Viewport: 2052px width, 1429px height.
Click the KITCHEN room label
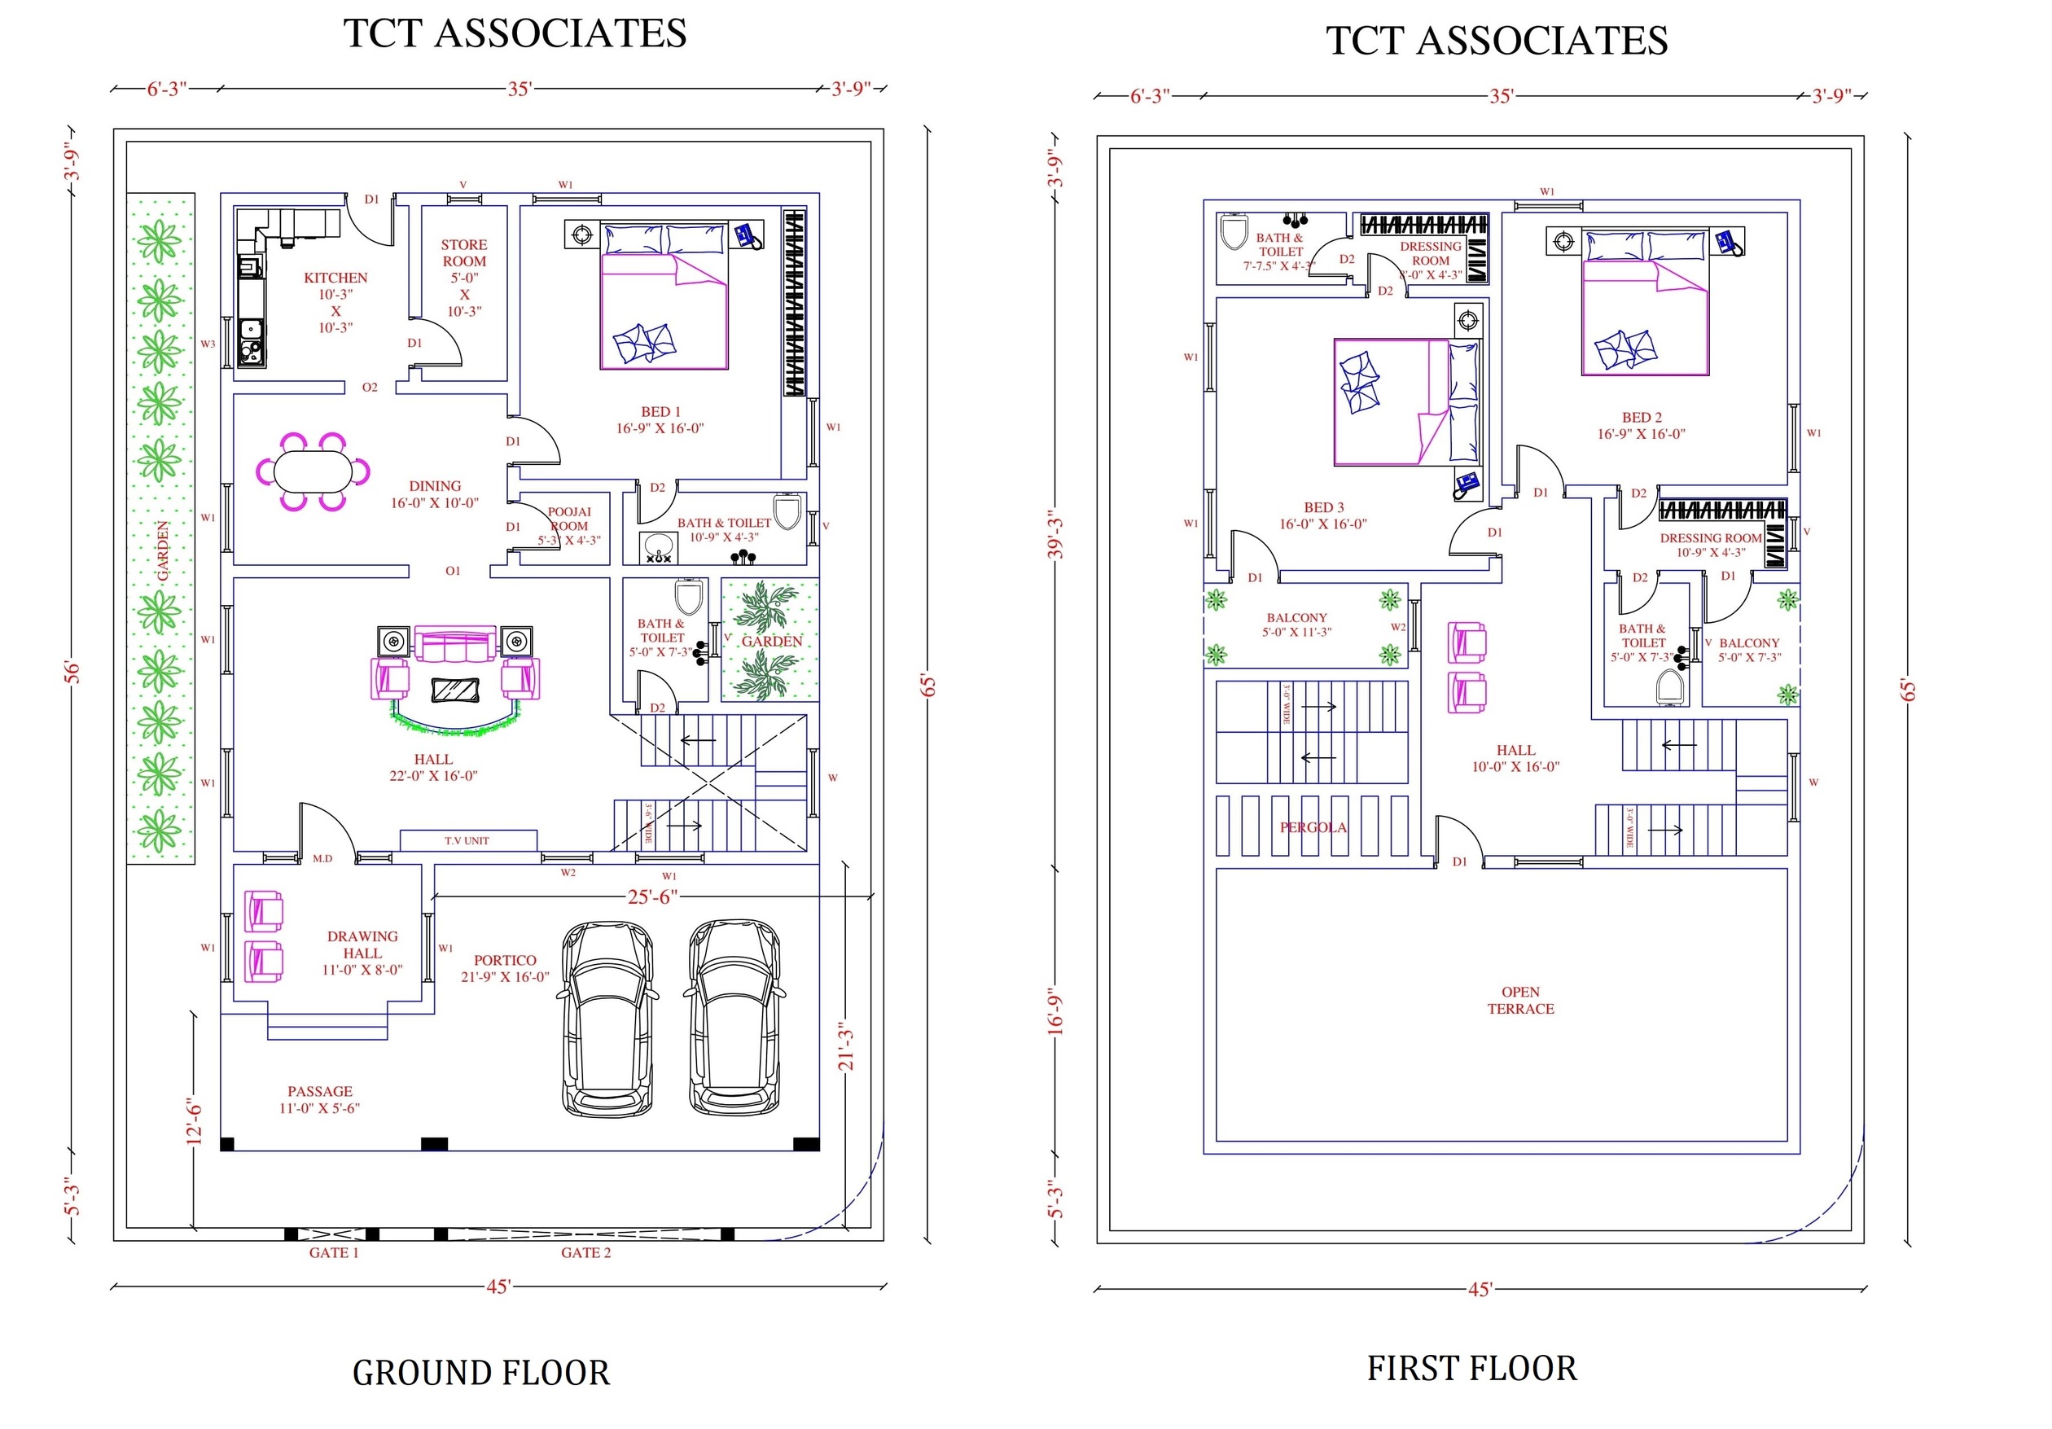(x=335, y=278)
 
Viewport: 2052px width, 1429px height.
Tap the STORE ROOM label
(x=464, y=253)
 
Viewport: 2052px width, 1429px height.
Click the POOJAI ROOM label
(x=569, y=519)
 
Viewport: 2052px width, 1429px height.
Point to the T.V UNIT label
(x=467, y=841)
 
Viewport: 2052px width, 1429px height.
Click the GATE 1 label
(x=333, y=1253)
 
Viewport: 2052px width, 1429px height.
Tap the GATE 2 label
(x=585, y=1253)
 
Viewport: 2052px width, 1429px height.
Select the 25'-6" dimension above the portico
(x=651, y=897)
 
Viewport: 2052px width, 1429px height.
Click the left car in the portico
(x=607, y=1019)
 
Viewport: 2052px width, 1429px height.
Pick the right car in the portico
(x=734, y=1019)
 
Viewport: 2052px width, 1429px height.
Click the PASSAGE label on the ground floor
(x=319, y=1092)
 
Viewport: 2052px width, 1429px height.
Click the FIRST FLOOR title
(x=1471, y=1369)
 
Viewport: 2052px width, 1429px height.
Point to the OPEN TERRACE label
(x=1520, y=1001)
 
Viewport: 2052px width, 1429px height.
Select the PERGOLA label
(x=1312, y=828)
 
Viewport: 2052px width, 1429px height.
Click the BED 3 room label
(x=1322, y=507)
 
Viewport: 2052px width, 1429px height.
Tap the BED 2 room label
(x=1641, y=418)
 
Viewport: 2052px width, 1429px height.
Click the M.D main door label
(x=322, y=859)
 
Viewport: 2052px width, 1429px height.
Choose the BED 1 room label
(x=660, y=412)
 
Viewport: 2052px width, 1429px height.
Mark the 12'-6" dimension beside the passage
(x=194, y=1123)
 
